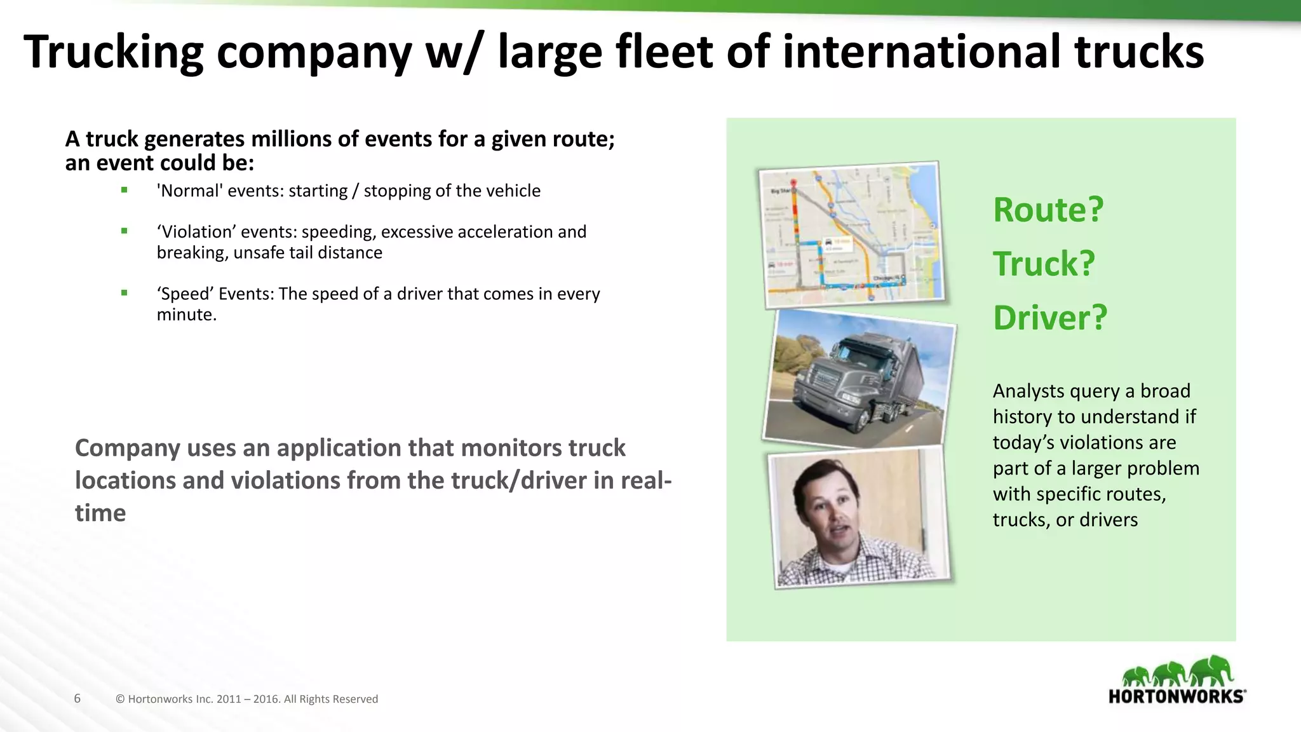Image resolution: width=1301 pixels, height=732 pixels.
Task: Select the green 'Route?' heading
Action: (x=1048, y=210)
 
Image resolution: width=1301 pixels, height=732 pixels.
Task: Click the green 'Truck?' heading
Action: (x=1044, y=264)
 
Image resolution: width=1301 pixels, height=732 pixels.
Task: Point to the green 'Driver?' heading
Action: (x=1049, y=318)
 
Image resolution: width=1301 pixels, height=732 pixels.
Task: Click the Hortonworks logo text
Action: (x=1176, y=696)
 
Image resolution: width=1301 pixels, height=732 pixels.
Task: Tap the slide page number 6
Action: (x=78, y=699)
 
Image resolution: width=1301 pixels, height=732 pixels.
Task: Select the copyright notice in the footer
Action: (x=246, y=699)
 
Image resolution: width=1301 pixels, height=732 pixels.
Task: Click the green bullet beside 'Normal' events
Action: (x=125, y=190)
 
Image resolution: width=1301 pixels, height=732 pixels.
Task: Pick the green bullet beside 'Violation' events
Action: (x=125, y=231)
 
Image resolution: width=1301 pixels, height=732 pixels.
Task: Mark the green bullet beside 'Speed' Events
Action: (x=125, y=293)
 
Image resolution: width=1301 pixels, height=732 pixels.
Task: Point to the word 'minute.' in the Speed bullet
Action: (x=187, y=315)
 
